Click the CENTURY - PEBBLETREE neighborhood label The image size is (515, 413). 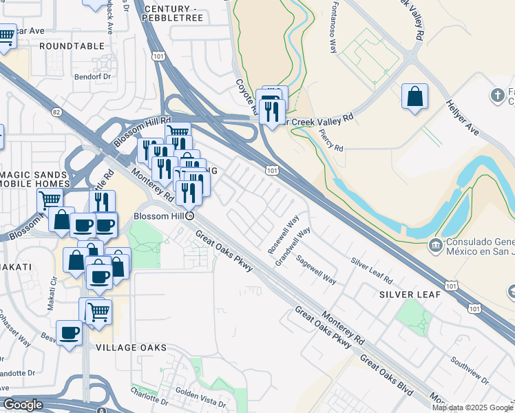(x=172, y=13)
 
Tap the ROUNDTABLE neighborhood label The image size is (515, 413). (x=72, y=45)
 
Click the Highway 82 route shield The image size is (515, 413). (x=56, y=112)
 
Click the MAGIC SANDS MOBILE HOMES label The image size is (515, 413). (x=34, y=179)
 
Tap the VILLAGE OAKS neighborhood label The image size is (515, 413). (x=132, y=348)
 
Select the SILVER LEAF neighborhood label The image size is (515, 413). (x=406, y=294)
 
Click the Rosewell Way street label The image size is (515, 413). (x=283, y=235)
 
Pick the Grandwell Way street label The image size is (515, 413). (x=293, y=246)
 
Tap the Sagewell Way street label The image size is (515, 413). (x=316, y=271)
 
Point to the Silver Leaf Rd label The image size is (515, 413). (x=371, y=271)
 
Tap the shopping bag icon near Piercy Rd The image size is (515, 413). (x=414, y=97)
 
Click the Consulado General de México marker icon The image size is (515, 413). (x=435, y=244)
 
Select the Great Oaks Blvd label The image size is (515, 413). (x=386, y=375)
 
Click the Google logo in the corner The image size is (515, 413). (x=23, y=405)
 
